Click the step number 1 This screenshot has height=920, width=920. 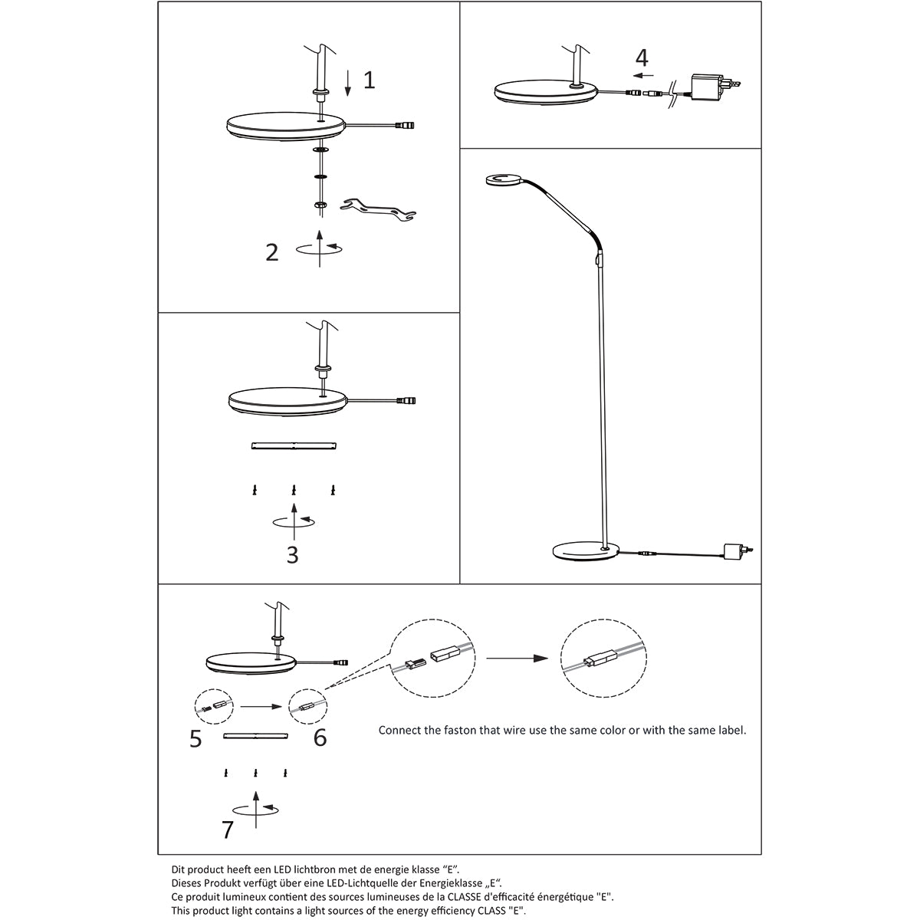coord(369,80)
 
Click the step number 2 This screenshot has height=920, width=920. coord(272,251)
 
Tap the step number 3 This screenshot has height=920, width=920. coord(292,554)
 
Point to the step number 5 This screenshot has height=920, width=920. coord(195,738)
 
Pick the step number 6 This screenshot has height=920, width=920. coord(320,738)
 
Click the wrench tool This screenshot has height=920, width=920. coord(377,208)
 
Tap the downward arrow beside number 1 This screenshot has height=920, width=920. coord(347,82)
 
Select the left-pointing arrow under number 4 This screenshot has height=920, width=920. coord(643,76)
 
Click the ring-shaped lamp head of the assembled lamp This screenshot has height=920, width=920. coord(502,180)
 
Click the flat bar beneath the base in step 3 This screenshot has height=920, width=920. coord(294,446)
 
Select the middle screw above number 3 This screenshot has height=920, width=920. coord(294,489)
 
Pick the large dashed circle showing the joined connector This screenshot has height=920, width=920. coord(600,659)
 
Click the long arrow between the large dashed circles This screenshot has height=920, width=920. coord(518,658)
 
